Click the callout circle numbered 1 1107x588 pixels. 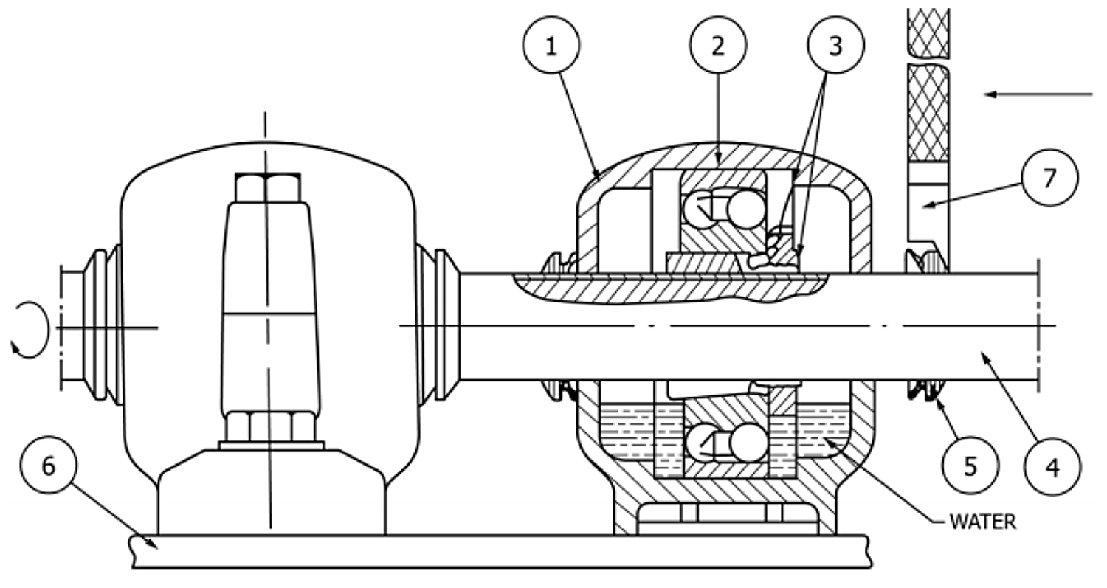(x=551, y=45)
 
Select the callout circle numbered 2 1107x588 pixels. (x=718, y=45)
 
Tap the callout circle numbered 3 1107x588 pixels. (x=835, y=45)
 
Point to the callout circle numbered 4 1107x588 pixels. (x=1052, y=466)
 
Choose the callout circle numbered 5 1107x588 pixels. (x=970, y=466)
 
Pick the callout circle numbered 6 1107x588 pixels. (x=49, y=465)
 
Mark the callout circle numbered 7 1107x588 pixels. (x=1049, y=177)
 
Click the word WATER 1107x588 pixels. (x=982, y=522)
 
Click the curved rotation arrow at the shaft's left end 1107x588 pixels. (x=46, y=328)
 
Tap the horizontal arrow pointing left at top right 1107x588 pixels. (x=1038, y=94)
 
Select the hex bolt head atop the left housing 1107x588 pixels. (x=267, y=188)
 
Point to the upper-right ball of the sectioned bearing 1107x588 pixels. (x=746, y=209)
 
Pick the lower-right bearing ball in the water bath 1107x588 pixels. (x=748, y=442)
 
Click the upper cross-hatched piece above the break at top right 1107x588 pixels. (x=928, y=32)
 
